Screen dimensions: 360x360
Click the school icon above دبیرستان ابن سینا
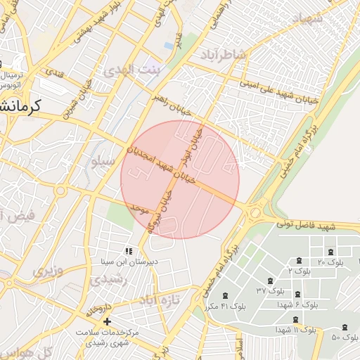[x=128, y=250]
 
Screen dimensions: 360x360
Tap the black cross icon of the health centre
[x=107, y=321]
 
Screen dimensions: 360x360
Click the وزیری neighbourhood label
[x=49, y=270]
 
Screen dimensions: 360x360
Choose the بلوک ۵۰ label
[x=345, y=337]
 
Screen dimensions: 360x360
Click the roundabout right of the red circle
[x=255, y=211]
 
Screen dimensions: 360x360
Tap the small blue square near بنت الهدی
[x=168, y=46]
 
